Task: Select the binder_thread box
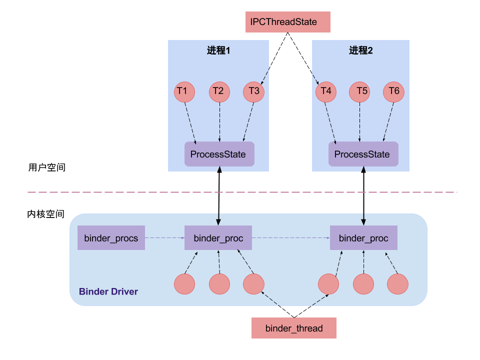point(293,328)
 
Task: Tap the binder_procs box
point(111,237)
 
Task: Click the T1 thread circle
point(183,91)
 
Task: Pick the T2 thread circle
point(219,91)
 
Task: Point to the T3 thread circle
point(254,91)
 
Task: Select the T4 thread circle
point(326,91)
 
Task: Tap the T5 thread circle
point(361,91)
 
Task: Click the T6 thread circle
point(394,91)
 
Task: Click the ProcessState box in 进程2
point(363,154)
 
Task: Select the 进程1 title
point(218,50)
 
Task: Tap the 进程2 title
point(361,50)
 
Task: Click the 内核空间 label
point(46,214)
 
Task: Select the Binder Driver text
point(108,291)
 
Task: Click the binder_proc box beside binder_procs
point(218,237)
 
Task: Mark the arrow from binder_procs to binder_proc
point(164,238)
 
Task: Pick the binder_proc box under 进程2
point(363,237)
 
